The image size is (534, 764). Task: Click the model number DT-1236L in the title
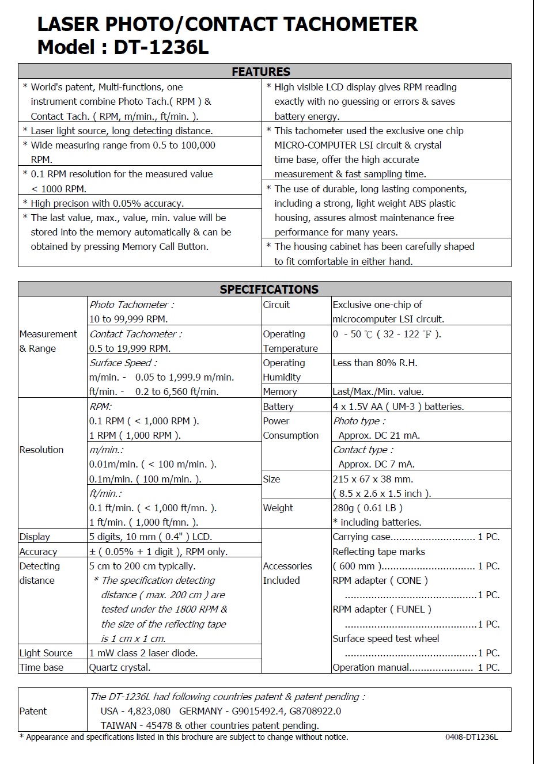click(x=161, y=47)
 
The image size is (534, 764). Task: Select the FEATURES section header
click(x=261, y=72)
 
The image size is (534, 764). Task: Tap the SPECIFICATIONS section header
click(x=268, y=289)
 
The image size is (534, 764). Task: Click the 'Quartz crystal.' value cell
click(x=120, y=667)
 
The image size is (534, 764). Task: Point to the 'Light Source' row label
click(x=46, y=653)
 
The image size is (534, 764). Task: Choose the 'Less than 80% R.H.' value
click(x=374, y=363)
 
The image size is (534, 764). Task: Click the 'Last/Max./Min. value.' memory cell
click(x=378, y=391)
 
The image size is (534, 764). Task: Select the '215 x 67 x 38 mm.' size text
click(x=373, y=479)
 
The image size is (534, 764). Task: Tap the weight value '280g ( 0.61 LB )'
click(x=368, y=508)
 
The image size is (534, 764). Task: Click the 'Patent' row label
click(x=33, y=711)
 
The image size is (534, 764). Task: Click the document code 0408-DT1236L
click(x=471, y=737)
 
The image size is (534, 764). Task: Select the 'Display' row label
click(x=35, y=537)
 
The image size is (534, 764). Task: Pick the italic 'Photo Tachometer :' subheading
click(x=131, y=305)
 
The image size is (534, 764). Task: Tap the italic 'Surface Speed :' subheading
click(x=123, y=363)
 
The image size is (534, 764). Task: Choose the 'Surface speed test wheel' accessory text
click(x=386, y=638)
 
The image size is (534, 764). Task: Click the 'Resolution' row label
click(x=41, y=450)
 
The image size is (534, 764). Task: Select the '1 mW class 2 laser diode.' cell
click(x=143, y=653)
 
